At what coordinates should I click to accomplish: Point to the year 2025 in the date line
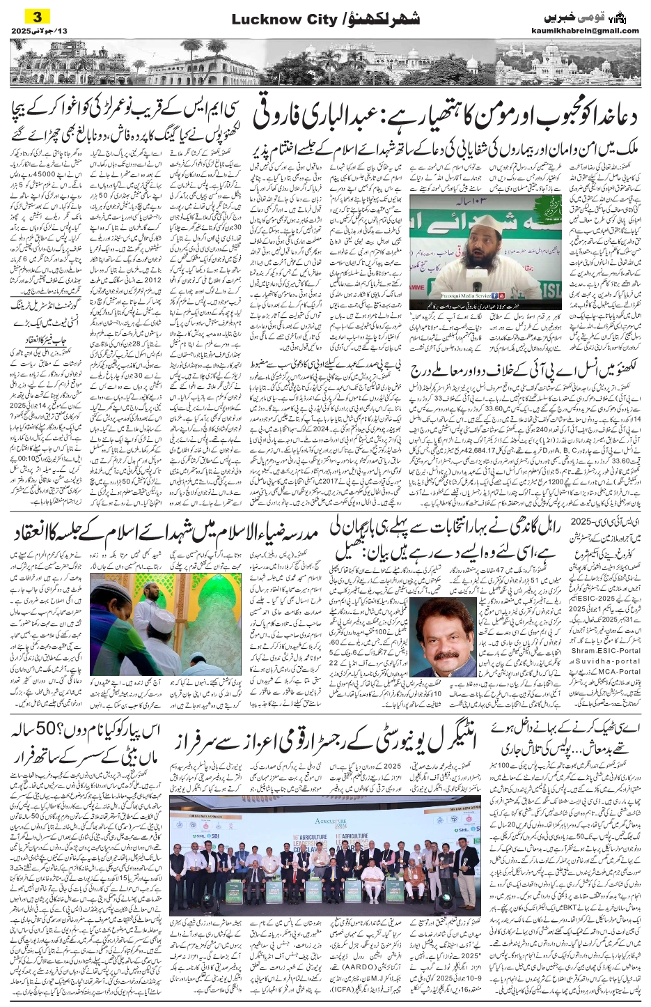(21, 31)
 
